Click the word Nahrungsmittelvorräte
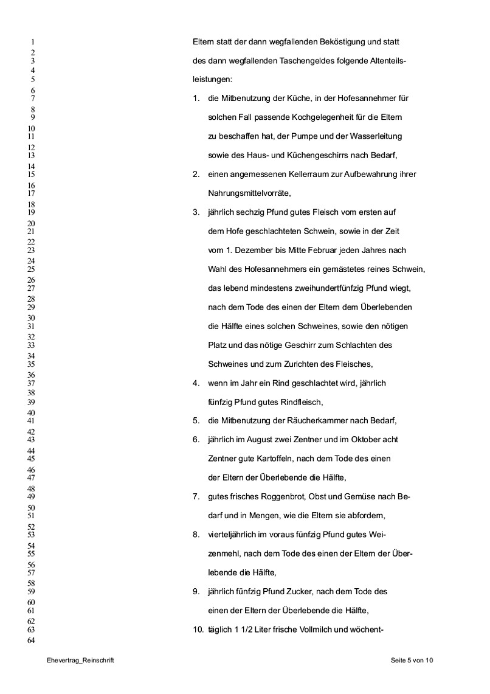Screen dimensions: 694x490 click(x=249, y=194)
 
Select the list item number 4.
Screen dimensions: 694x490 click(x=196, y=383)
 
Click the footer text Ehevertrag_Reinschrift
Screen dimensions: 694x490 click(x=80, y=660)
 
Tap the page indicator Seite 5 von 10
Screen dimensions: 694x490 click(x=412, y=660)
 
